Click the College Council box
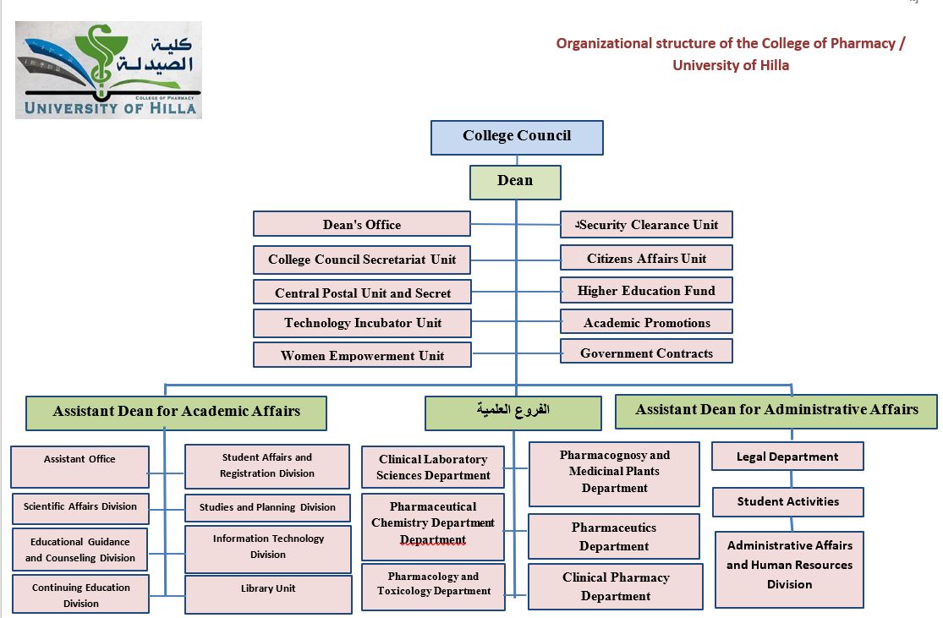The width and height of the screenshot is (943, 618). coord(517,137)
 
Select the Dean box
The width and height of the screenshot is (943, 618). coord(515,181)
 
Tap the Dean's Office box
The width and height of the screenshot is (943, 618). coord(361,224)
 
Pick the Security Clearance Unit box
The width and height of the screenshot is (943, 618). coord(646,225)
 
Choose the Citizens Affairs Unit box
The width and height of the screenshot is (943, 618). coord(646,259)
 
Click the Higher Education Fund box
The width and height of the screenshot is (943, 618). coord(646,291)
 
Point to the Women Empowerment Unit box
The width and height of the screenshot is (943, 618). coord(362,355)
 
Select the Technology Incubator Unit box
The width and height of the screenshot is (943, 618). coord(362,323)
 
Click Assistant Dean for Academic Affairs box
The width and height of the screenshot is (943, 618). coord(176,412)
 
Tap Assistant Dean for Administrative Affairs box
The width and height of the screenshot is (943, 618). coord(776,410)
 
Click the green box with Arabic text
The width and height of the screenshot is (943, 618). coord(513,412)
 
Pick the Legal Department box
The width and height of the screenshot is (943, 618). coord(787,457)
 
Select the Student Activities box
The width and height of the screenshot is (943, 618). coord(787,501)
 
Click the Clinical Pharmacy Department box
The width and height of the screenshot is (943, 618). coord(615,587)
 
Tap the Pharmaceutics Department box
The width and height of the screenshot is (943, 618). coord(614,537)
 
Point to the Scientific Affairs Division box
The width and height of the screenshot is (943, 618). coord(80,507)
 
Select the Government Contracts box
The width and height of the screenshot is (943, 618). coord(646,353)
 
